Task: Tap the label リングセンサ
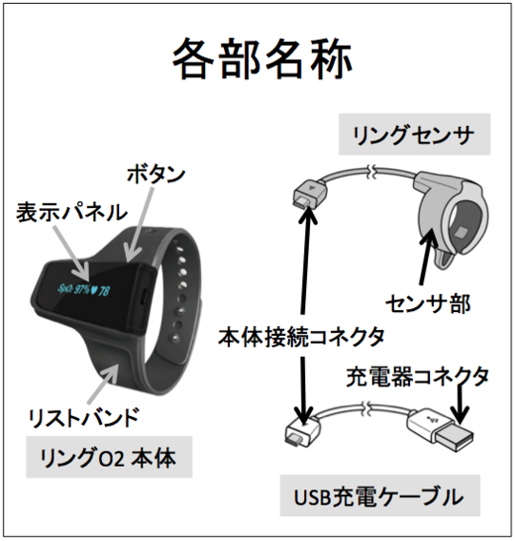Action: (x=414, y=135)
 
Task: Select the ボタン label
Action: (x=156, y=175)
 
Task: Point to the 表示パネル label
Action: (x=72, y=212)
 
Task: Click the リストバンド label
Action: (x=84, y=418)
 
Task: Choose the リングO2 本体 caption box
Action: (x=109, y=457)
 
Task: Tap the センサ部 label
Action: (x=428, y=304)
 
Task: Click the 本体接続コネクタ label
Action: (x=301, y=337)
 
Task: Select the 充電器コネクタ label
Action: (x=418, y=377)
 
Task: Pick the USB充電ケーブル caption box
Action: (x=380, y=496)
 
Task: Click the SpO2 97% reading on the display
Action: (x=73, y=289)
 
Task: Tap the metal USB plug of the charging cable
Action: (x=454, y=437)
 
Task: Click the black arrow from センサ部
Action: (x=425, y=257)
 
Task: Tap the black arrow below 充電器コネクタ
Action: (x=460, y=405)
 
